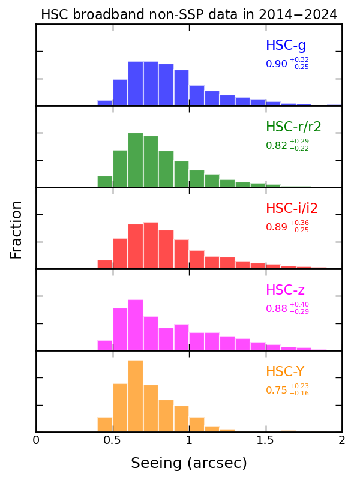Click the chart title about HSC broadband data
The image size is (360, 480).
pyautogui.click(x=189, y=14)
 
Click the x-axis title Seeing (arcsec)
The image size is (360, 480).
pyautogui.click(x=189, y=463)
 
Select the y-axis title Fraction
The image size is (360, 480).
pyautogui.click(x=16, y=229)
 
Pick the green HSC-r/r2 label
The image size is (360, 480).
pyautogui.click(x=293, y=127)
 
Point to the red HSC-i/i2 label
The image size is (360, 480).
pyautogui.click(x=292, y=209)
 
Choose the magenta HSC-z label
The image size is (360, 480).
pyautogui.click(x=285, y=290)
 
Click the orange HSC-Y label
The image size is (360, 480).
pyautogui.click(x=286, y=372)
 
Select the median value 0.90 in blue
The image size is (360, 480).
pyautogui.click(x=277, y=64)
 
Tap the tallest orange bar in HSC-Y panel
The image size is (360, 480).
pyautogui.click(x=136, y=396)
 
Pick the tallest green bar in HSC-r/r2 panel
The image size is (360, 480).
pyautogui.click(x=136, y=160)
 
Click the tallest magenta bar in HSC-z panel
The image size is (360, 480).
pyautogui.click(x=136, y=325)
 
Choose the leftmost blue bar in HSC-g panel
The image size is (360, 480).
pyautogui.click(x=105, y=103)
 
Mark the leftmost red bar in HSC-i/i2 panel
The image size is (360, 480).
pyautogui.click(x=105, y=264)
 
